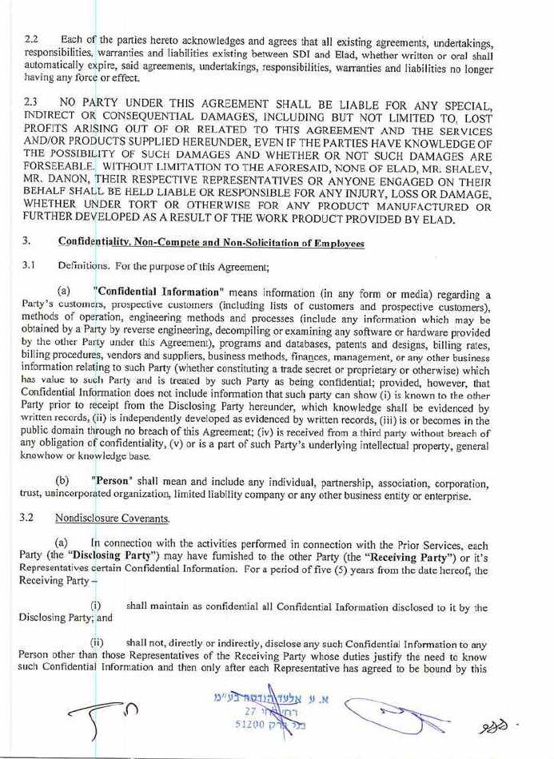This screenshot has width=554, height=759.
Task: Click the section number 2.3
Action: tap(32, 103)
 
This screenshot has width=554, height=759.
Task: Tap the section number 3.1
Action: tap(31, 265)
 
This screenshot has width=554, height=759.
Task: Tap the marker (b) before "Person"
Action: tap(61, 483)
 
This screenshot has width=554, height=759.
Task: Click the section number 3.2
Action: tap(32, 519)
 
